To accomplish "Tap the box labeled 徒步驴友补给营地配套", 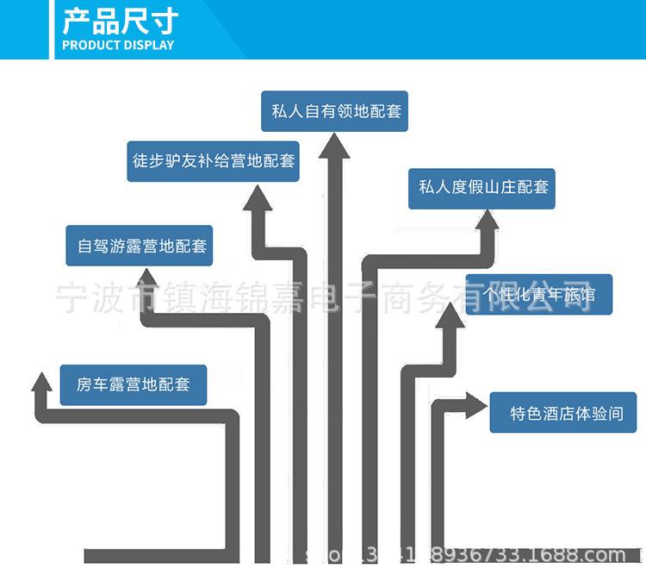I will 214,161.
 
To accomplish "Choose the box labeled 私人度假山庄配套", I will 482,187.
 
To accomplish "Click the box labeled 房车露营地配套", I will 134,384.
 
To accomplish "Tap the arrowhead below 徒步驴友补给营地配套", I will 257,203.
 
